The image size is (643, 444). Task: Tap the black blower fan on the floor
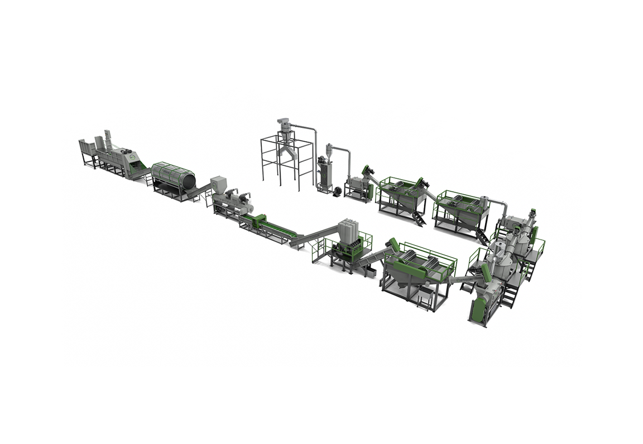pos(337,191)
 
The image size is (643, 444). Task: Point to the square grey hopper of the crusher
pos(349,230)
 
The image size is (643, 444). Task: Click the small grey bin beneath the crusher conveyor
pos(369,273)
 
